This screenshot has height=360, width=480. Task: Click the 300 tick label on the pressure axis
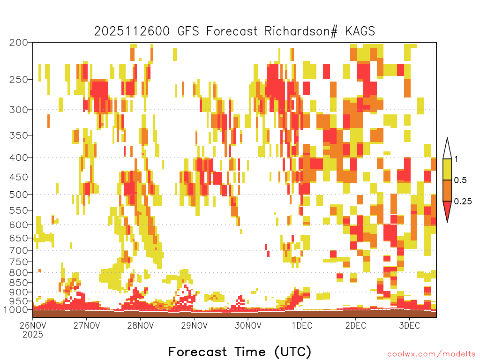18,110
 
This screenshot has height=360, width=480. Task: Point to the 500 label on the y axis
18,195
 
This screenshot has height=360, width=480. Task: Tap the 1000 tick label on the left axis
16,309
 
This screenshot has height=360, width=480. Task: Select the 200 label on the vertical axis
18,43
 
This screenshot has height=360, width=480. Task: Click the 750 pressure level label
18,262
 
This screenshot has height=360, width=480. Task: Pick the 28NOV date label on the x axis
140,325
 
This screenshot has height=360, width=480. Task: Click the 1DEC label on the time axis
302,325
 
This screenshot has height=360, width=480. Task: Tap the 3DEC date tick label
409,325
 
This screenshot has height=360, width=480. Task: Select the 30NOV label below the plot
248,325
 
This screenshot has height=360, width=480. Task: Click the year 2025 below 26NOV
33,335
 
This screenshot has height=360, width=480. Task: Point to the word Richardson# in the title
301,31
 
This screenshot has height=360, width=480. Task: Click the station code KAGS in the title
360,31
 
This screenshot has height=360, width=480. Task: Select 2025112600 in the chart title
132,31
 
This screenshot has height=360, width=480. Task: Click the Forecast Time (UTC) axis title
240,352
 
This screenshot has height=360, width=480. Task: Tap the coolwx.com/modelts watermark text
431,354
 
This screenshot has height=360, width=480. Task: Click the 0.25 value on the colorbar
463,202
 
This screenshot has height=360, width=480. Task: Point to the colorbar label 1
457,159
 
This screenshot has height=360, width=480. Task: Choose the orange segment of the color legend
447,190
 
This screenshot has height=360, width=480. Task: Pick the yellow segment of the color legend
447,169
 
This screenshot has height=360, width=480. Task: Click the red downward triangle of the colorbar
447,210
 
